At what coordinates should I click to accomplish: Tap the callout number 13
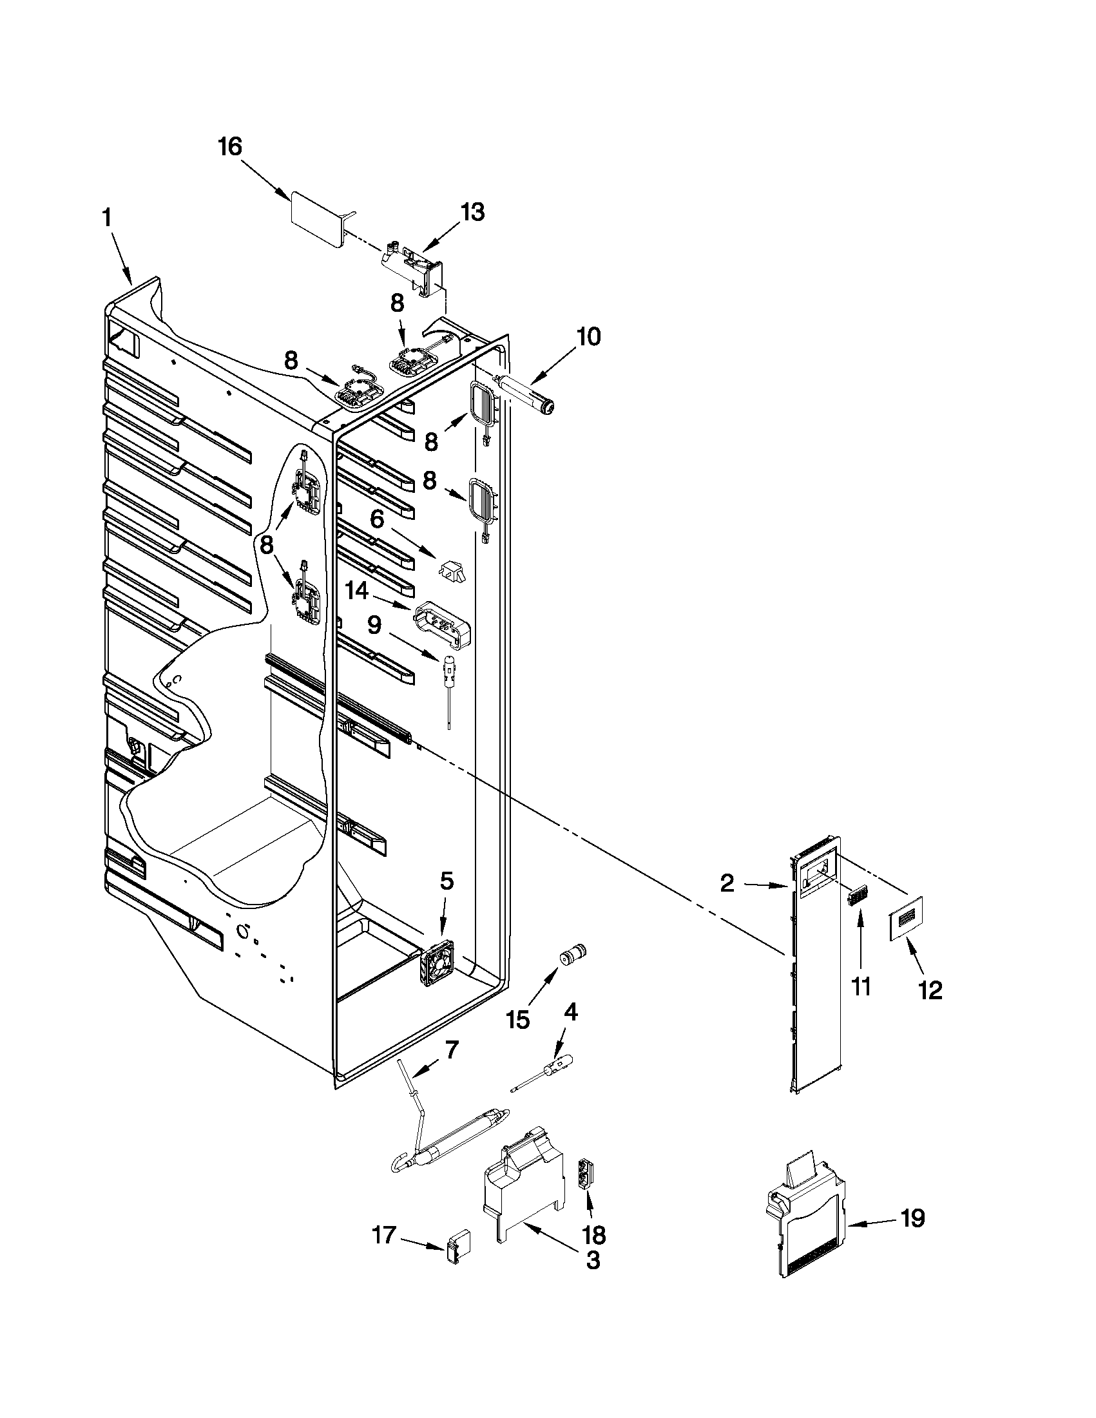pyautogui.click(x=472, y=213)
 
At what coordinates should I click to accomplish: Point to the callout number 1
pyautogui.click(x=107, y=218)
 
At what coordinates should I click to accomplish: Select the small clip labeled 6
pyautogui.click(x=453, y=571)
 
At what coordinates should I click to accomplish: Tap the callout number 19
pyautogui.click(x=912, y=1219)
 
